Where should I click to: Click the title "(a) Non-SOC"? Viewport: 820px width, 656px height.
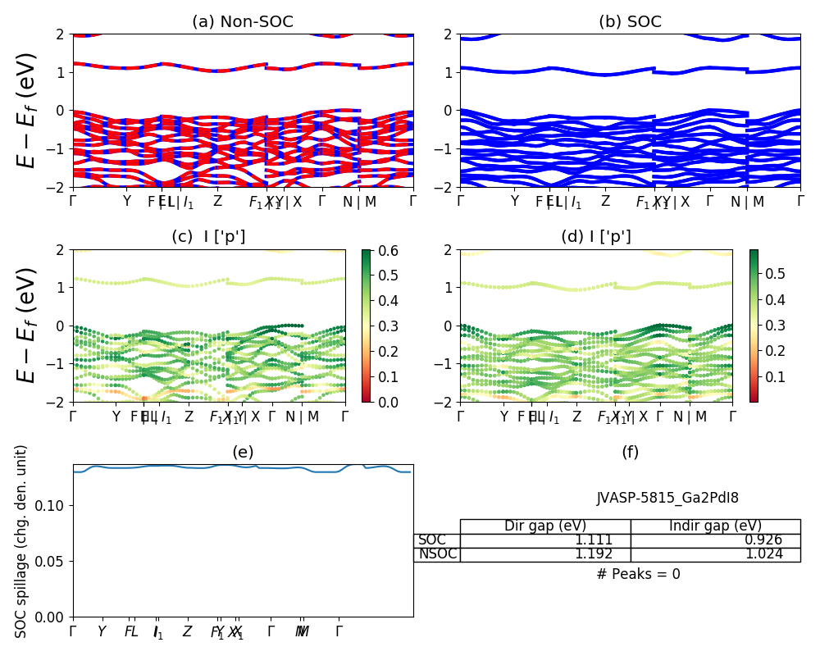243,22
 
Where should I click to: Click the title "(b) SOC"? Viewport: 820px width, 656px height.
630,22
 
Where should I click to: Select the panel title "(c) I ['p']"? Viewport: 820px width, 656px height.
208,237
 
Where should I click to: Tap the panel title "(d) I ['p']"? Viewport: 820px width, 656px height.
596,237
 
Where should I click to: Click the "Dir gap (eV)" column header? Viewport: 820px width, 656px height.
544,526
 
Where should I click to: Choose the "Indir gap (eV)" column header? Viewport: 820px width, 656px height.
715,526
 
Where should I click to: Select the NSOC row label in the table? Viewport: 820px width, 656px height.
437,554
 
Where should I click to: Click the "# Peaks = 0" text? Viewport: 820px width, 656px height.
638,574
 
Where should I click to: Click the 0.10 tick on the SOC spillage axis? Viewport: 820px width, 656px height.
52,505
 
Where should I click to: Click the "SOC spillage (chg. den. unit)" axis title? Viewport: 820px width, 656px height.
22,541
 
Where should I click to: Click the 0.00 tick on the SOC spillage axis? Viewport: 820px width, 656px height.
52,617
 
